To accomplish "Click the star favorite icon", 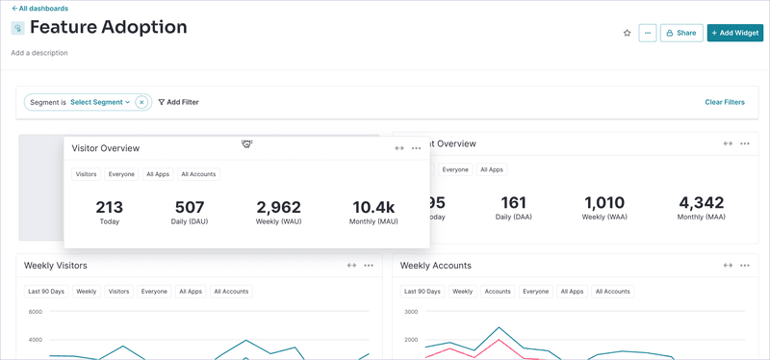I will tap(628, 33).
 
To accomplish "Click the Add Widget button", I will tap(735, 33).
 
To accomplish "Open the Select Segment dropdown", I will tap(100, 102).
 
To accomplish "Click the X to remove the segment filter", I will tap(141, 102).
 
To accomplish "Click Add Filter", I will tap(179, 102).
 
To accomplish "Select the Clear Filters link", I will tap(724, 102).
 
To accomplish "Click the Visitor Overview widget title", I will tap(106, 148).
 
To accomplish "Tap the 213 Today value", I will tap(110, 207).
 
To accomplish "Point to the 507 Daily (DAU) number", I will tap(190, 207).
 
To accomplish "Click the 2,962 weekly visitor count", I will tap(278, 207).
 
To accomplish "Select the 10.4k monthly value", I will tap(374, 207).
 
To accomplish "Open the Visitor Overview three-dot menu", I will tap(417, 148).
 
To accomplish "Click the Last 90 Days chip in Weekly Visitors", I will tap(45, 292).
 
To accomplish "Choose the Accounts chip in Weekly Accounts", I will tap(498, 292).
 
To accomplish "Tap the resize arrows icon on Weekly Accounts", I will tap(728, 266).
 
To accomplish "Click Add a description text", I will tap(39, 53).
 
